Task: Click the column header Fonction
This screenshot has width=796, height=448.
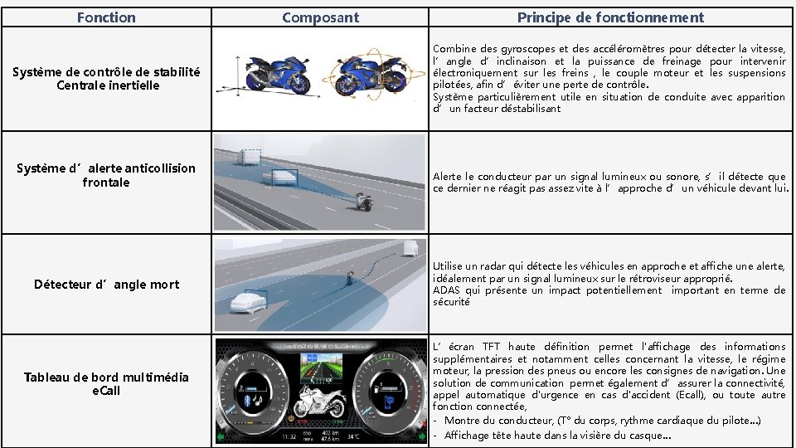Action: coord(105,17)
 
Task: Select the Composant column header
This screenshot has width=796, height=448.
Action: coord(320,17)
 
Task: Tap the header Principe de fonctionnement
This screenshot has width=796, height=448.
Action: coord(610,17)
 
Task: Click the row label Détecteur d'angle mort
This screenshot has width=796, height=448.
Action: coord(106,285)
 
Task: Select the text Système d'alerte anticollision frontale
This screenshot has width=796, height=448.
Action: coord(106,175)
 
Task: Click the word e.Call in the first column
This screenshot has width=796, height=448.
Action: coord(106,390)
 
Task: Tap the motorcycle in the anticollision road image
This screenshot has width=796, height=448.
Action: coord(362,202)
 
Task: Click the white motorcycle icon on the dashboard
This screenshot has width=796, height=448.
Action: coord(318,404)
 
